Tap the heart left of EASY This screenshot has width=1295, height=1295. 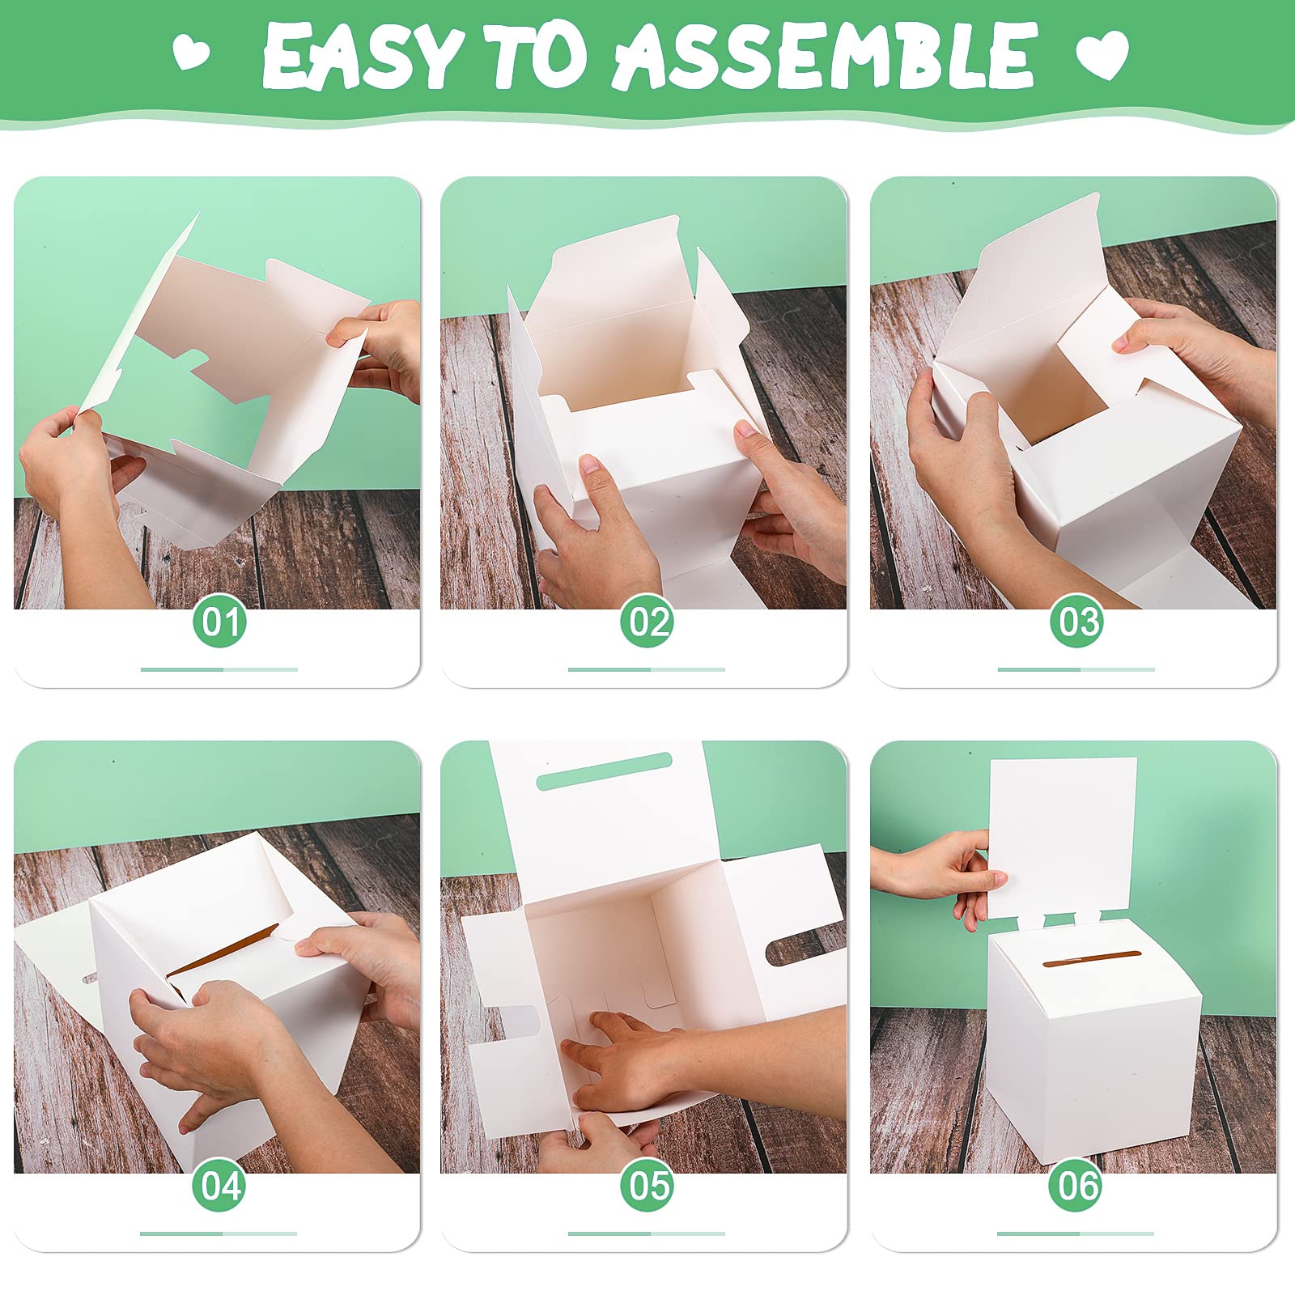(192, 53)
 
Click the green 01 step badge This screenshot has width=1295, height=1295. (219, 623)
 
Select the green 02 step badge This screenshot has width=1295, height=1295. (647, 623)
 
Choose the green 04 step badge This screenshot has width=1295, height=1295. (219, 1187)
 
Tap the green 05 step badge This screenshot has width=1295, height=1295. (647, 1187)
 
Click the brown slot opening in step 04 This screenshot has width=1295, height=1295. (223, 952)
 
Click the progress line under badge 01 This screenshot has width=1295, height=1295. (219, 669)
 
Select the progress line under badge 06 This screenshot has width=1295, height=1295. (1076, 1233)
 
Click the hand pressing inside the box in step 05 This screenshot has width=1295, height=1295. (631, 1052)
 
